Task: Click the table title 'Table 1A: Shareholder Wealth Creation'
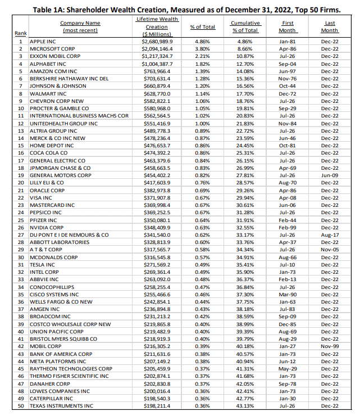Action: tap(180, 7)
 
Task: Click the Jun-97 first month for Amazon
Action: tap(287, 71)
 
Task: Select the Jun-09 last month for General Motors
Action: tap(330, 175)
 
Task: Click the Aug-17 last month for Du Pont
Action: tap(330, 234)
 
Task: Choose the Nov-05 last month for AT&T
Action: tap(330, 249)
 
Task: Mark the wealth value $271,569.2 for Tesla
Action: tap(158, 264)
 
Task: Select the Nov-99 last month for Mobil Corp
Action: tap(330, 346)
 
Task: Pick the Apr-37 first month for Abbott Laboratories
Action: tap(287, 242)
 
